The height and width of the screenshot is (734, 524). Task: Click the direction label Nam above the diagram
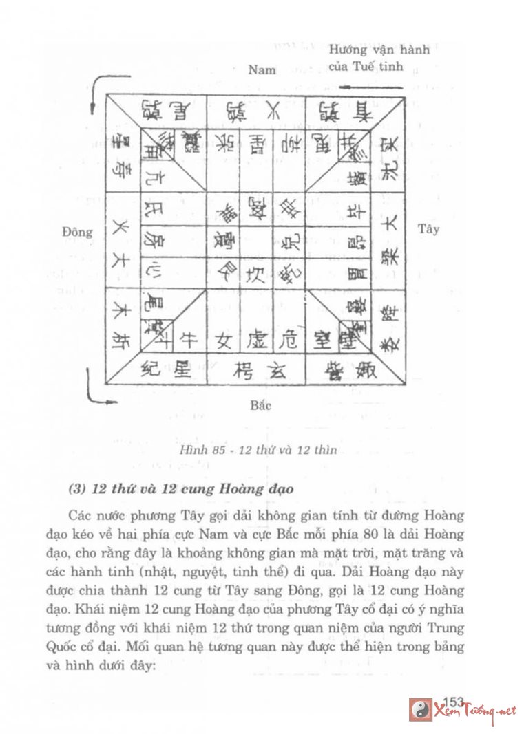tap(262, 69)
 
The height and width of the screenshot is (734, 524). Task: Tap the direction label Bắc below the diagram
tap(260, 405)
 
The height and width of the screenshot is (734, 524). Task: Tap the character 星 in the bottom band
tap(182, 371)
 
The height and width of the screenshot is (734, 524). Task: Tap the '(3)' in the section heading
tap(81, 490)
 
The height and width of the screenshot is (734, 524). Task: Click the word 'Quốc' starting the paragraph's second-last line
tap(83, 647)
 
